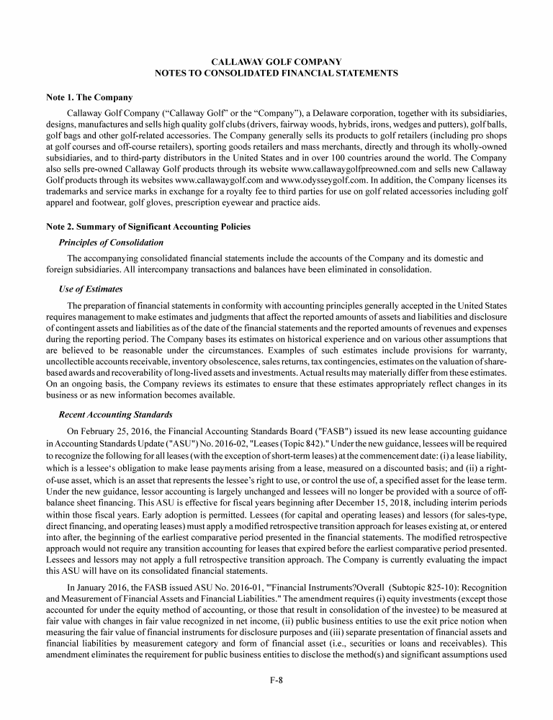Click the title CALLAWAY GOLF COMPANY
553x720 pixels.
tap(276, 62)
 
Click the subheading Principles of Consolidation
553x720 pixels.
tap(111, 242)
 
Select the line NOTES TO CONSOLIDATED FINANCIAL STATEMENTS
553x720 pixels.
tap(276, 73)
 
